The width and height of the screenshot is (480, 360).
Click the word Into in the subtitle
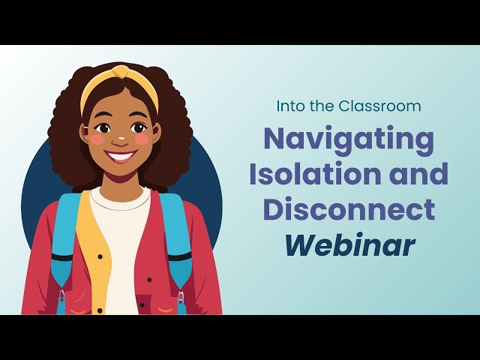[290, 106]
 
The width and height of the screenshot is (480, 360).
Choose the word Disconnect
[349, 209]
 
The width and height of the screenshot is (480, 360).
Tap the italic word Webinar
[349, 244]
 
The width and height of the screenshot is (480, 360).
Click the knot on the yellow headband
[121, 73]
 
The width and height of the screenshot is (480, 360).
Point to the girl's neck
[121, 182]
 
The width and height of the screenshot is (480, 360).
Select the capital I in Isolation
[253, 174]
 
